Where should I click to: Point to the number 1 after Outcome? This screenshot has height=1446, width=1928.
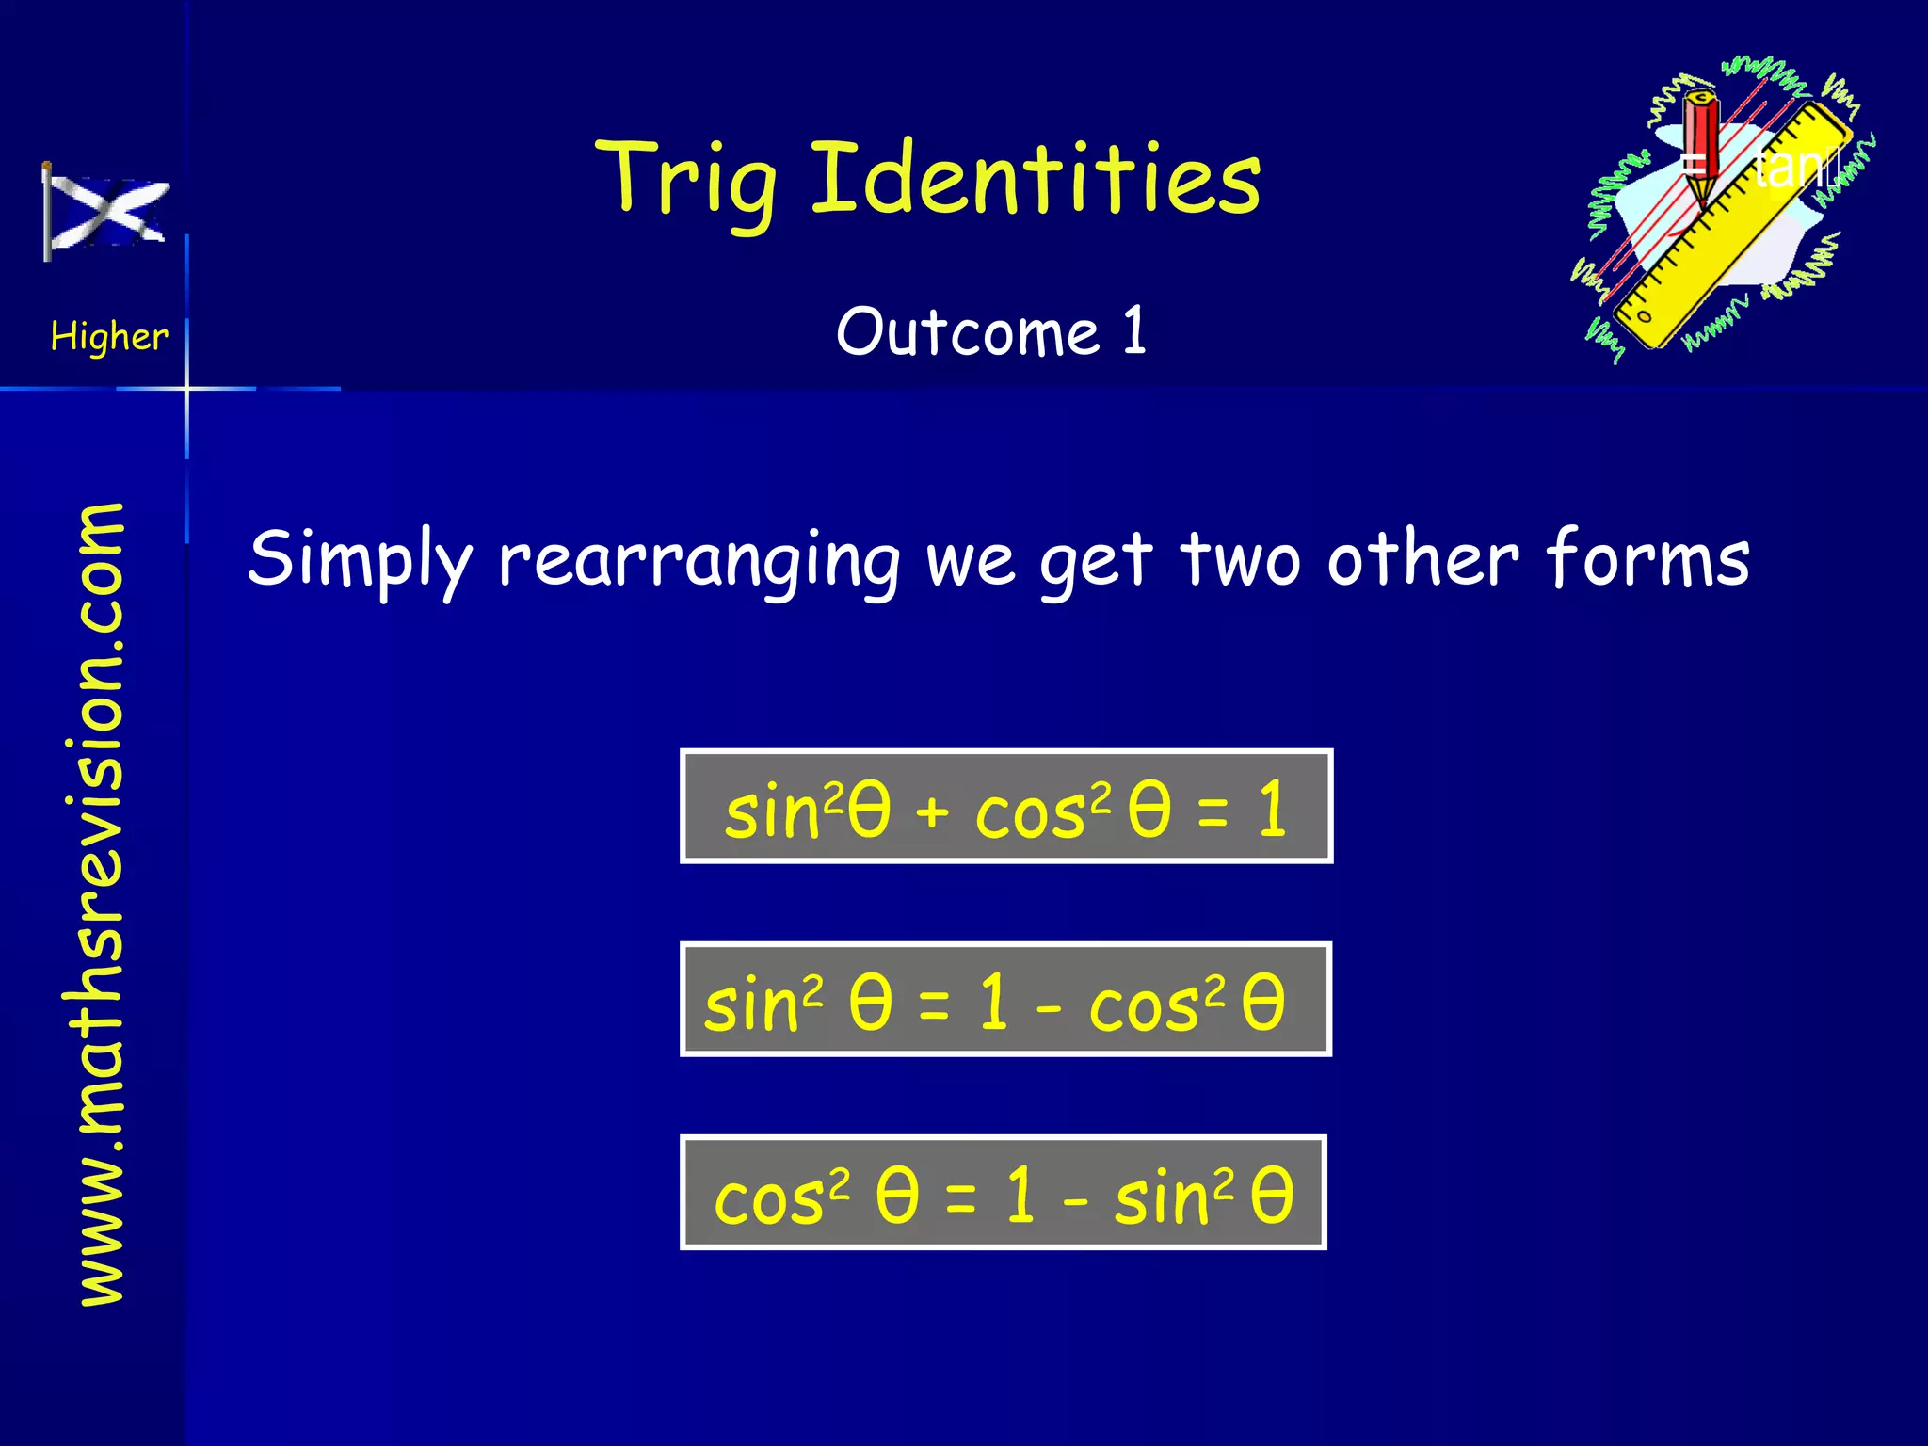(x=1133, y=330)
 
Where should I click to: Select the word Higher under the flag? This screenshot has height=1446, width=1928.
(x=109, y=336)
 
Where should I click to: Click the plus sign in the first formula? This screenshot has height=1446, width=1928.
(x=931, y=811)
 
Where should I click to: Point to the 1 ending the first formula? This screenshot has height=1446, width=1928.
(x=1273, y=809)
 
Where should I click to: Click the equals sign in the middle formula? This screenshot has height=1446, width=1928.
(x=934, y=1004)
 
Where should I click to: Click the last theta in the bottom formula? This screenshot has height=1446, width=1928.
(x=1272, y=1196)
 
